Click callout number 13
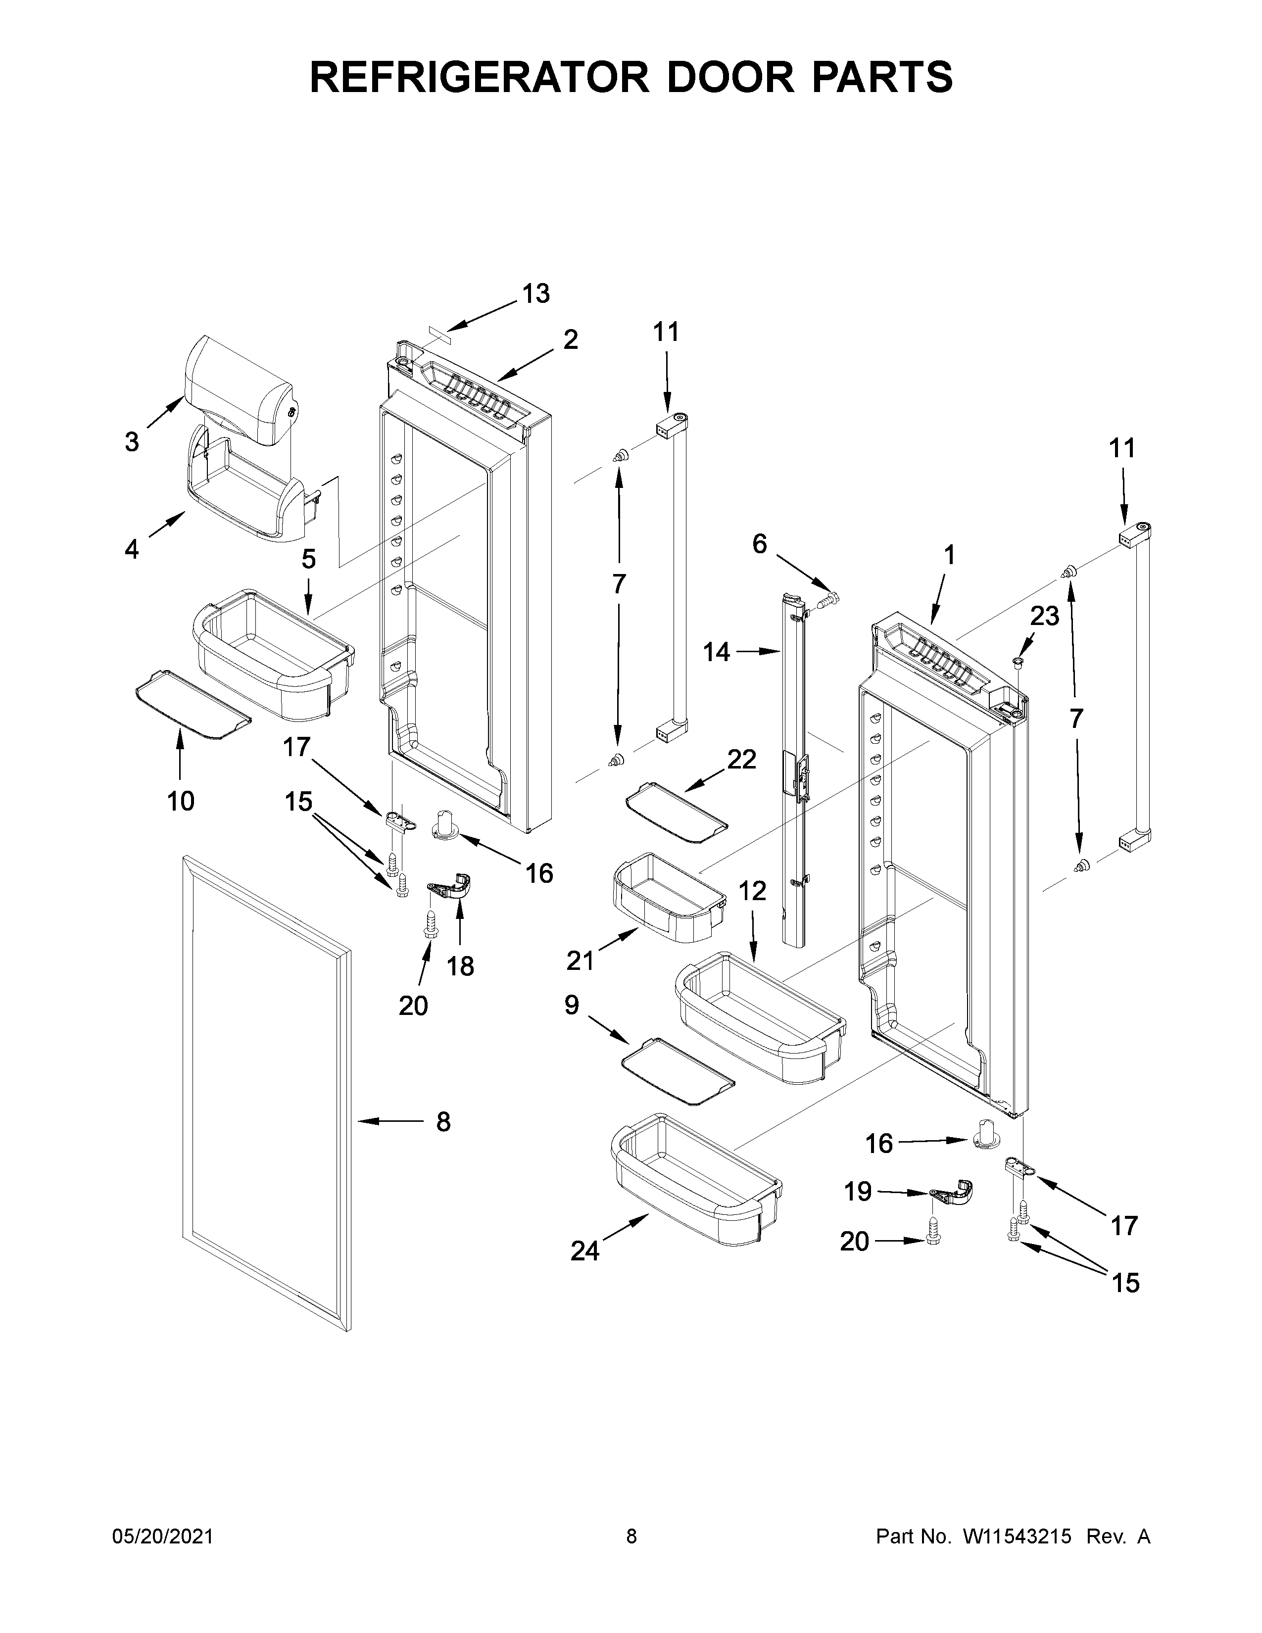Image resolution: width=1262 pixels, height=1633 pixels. [535, 294]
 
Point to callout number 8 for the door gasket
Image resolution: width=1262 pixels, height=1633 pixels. [443, 1143]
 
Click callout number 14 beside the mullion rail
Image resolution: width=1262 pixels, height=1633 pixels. [716, 653]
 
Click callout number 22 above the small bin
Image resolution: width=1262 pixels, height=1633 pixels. [742, 759]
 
